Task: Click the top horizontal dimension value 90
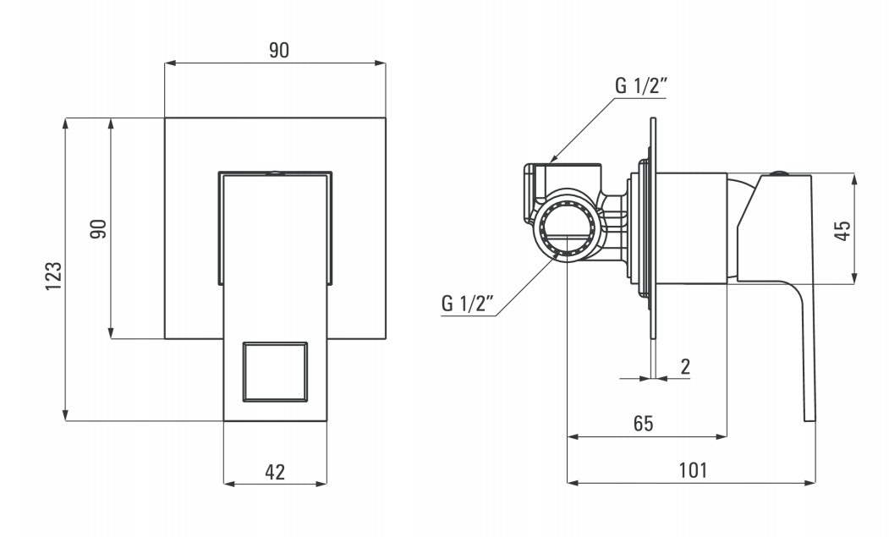(278, 50)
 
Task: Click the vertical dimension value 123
(54, 277)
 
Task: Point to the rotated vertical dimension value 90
(99, 228)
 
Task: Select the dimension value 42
(275, 472)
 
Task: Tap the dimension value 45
(843, 230)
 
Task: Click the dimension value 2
(685, 367)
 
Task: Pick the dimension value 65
(644, 423)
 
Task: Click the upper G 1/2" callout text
(640, 85)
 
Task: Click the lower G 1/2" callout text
(467, 304)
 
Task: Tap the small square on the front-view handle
(276, 371)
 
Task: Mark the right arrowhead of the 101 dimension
(810, 483)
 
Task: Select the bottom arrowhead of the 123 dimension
(66, 416)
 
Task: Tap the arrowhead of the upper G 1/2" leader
(554, 159)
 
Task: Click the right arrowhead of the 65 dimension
(722, 436)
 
